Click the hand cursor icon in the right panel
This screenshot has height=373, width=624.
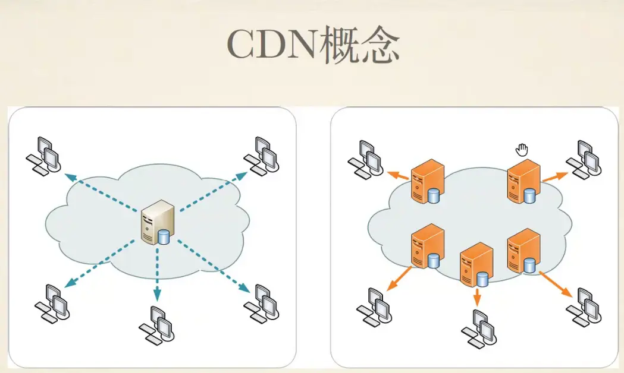coord(522,150)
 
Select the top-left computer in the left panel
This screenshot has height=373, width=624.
coord(45,155)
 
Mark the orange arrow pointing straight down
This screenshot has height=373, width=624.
coord(476,297)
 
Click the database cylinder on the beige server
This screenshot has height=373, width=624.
coord(164,237)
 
